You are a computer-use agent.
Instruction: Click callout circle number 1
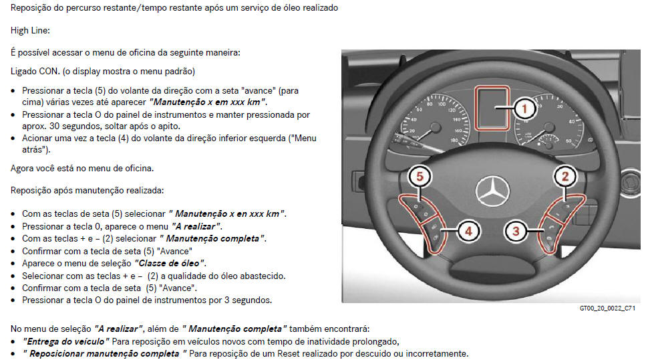pyautogui.click(x=524, y=108)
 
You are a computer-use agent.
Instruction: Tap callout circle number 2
pyautogui.click(x=564, y=177)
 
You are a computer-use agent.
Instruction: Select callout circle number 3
pyautogui.click(x=516, y=231)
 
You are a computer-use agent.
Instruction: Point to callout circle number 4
pyautogui.click(x=468, y=231)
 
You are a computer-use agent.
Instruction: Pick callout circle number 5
pyautogui.click(x=420, y=177)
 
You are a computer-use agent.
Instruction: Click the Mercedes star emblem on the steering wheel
pyautogui.click(x=492, y=191)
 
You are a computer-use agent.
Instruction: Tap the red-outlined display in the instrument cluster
pyautogui.click(x=492, y=108)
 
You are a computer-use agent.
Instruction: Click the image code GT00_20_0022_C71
pyautogui.click(x=607, y=308)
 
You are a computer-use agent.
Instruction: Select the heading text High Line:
pyautogui.click(x=30, y=30)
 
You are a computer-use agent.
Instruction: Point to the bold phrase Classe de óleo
pyautogui.click(x=169, y=263)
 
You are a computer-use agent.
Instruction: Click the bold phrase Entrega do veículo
pyautogui.click(x=65, y=342)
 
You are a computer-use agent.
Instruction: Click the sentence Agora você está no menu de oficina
pyautogui.click(x=82, y=168)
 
